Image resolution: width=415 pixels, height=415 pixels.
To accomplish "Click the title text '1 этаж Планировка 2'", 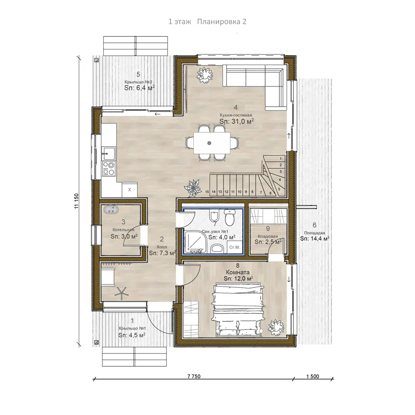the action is (207, 22).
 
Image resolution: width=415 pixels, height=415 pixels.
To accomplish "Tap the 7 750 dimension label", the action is (194, 376).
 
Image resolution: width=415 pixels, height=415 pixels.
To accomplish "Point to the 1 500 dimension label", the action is (312, 376).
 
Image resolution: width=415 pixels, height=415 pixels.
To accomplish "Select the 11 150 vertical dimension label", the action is (77, 201).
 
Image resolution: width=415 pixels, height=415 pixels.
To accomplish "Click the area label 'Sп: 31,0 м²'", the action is (237, 121).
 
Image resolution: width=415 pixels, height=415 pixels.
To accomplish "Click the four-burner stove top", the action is (109, 168).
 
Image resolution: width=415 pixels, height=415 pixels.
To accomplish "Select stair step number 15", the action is (207, 192).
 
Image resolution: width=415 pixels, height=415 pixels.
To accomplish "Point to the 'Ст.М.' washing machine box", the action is (234, 247).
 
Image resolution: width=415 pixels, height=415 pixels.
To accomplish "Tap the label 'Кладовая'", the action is (268, 236).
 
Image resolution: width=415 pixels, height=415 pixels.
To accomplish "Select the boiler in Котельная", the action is (111, 210).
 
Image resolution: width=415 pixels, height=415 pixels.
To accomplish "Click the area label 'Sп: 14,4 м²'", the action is (315, 239).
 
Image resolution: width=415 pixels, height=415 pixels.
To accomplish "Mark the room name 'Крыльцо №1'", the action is (132, 328).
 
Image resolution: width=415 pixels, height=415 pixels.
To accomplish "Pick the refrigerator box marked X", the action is (129, 190).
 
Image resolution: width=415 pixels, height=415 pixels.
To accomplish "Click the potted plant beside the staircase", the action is (194, 188).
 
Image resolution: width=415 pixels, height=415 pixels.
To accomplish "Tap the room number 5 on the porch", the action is (138, 74).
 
